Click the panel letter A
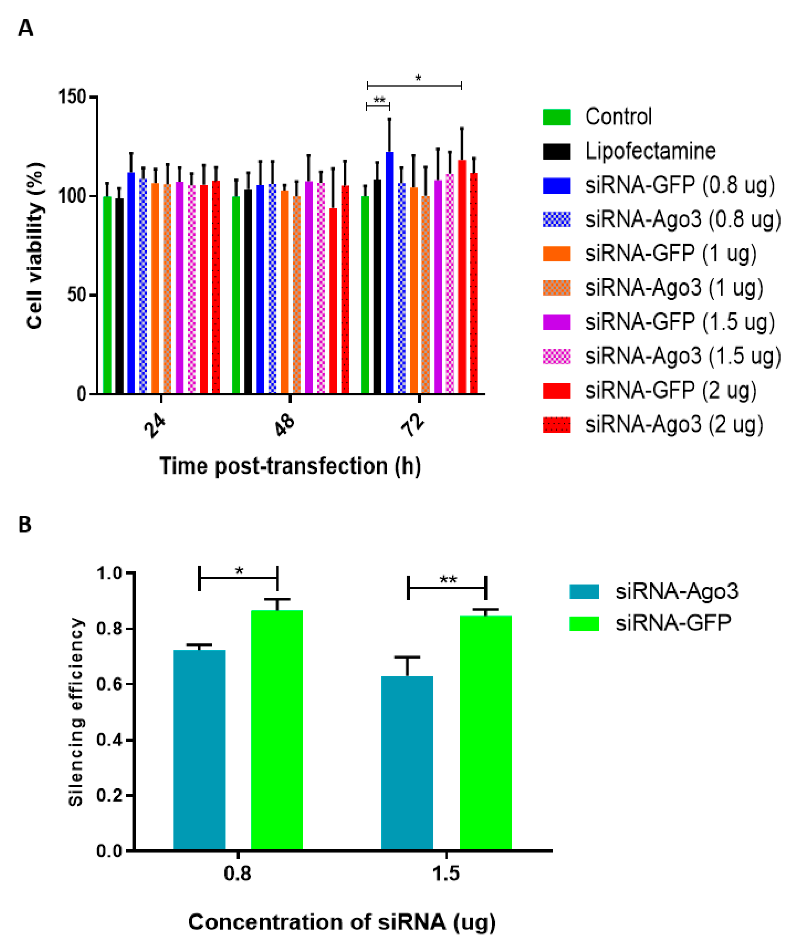tap(25, 28)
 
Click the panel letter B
tap(25, 525)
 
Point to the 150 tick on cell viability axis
tap(72, 97)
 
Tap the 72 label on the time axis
tap(413, 426)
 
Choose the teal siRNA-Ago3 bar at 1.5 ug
tap(407, 764)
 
